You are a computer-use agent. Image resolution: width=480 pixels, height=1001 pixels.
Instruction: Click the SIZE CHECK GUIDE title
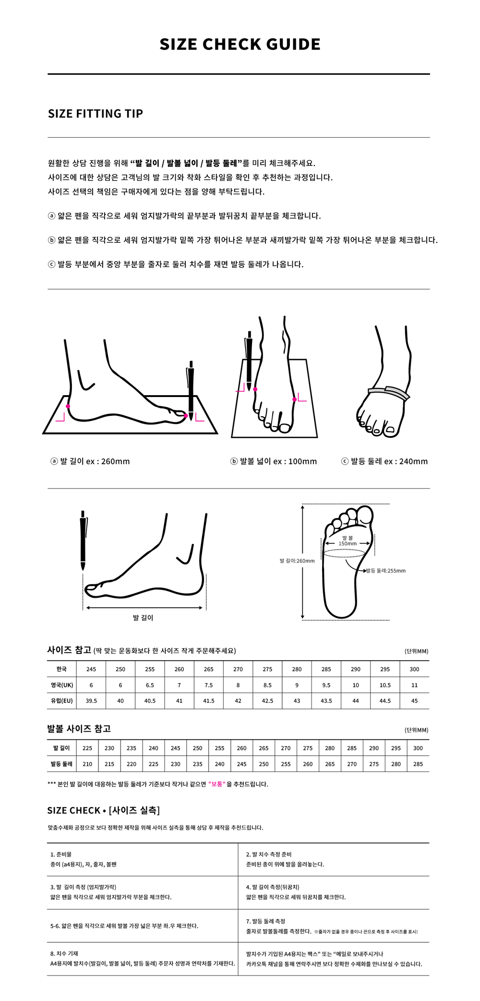(240, 44)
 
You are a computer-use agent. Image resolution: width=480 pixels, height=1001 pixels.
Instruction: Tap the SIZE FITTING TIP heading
(96, 114)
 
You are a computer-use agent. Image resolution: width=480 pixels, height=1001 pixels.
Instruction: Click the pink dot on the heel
(68, 406)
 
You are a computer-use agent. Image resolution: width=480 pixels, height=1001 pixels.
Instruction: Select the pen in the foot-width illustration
(249, 361)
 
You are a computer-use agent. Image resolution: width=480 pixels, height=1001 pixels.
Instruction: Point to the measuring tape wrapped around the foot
(389, 392)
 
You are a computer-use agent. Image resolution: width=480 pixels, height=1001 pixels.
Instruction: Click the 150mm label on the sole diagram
(348, 543)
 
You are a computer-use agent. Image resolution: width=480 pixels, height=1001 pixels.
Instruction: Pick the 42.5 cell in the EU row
(267, 701)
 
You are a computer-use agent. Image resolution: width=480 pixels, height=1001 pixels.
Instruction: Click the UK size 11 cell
(414, 685)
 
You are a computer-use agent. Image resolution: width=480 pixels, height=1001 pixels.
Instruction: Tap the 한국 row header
(61, 669)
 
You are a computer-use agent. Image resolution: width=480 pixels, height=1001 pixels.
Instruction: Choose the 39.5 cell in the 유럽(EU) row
(91, 701)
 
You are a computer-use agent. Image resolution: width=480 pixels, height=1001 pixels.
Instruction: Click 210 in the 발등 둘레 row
(87, 764)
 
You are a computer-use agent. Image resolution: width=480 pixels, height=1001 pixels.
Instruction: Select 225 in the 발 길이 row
(87, 748)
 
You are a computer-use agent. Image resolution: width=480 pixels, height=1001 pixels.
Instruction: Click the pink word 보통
(217, 784)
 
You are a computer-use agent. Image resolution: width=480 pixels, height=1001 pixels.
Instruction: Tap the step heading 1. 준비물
(60, 855)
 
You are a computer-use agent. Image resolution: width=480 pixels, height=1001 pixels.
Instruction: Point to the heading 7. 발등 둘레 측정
(265, 921)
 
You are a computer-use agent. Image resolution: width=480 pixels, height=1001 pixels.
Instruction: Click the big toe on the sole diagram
(366, 516)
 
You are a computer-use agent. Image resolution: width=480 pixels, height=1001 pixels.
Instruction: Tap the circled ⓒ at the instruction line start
(52, 264)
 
